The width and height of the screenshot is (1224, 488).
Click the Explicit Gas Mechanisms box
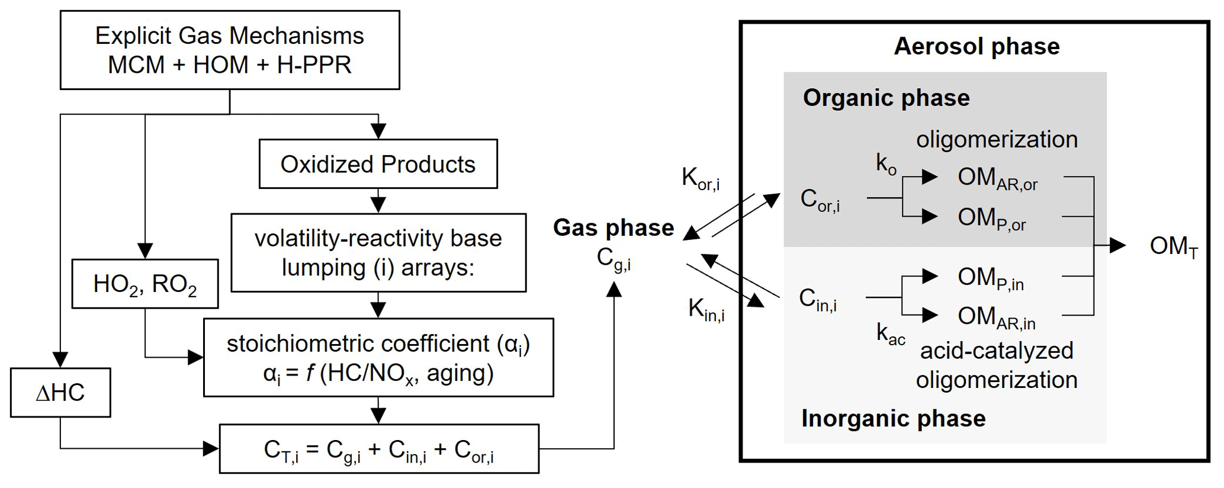point(230,50)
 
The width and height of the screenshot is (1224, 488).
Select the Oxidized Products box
point(378,164)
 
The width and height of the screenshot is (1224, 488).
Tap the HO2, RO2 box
point(145,284)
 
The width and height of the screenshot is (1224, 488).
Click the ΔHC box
point(60,393)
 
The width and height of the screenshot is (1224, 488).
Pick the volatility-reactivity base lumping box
point(378,253)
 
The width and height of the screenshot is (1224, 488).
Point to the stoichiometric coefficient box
point(378,358)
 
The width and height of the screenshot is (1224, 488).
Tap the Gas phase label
point(613,228)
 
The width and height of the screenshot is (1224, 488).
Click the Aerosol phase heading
point(976,46)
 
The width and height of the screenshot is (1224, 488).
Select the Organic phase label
point(886,98)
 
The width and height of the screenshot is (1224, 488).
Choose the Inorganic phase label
point(893,419)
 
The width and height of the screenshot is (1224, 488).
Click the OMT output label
point(1173,246)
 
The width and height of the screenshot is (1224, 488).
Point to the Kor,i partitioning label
point(701,178)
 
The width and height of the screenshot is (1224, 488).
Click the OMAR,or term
point(997,178)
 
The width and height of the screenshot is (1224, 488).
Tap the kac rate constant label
point(891,334)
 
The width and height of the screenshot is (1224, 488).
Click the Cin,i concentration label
point(818,299)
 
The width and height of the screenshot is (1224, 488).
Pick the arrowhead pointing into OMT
point(1118,245)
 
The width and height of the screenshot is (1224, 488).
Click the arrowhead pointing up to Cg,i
point(614,289)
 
